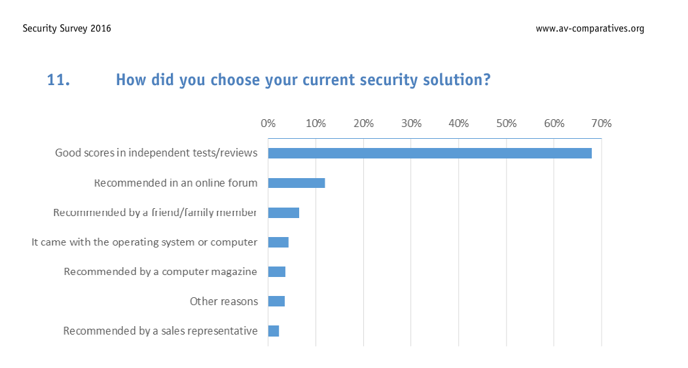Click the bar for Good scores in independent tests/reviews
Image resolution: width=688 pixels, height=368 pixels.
(x=429, y=153)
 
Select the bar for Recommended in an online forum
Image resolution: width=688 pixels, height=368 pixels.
(x=297, y=183)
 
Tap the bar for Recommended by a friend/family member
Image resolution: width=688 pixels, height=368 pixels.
(x=283, y=213)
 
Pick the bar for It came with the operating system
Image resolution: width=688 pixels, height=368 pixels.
(x=278, y=242)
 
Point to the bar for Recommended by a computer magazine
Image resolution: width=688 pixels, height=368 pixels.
(x=277, y=272)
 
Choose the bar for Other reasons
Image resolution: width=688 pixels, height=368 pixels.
(x=276, y=301)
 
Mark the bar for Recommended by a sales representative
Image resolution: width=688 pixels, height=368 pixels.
(x=274, y=331)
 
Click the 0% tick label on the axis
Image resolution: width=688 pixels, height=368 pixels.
(x=268, y=123)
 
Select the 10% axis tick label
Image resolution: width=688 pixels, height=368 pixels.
(x=316, y=123)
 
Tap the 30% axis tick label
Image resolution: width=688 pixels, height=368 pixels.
(x=411, y=123)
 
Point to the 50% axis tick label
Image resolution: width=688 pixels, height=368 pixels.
(x=507, y=123)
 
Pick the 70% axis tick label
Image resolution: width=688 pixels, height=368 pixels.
(x=602, y=123)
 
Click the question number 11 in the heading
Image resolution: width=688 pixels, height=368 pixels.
(x=58, y=80)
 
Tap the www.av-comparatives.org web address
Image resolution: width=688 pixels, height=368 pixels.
(x=590, y=29)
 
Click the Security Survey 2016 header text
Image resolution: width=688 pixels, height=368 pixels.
(x=67, y=29)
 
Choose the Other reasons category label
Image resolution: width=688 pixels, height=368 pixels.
(x=224, y=302)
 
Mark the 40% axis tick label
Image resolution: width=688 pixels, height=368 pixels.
(x=459, y=123)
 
